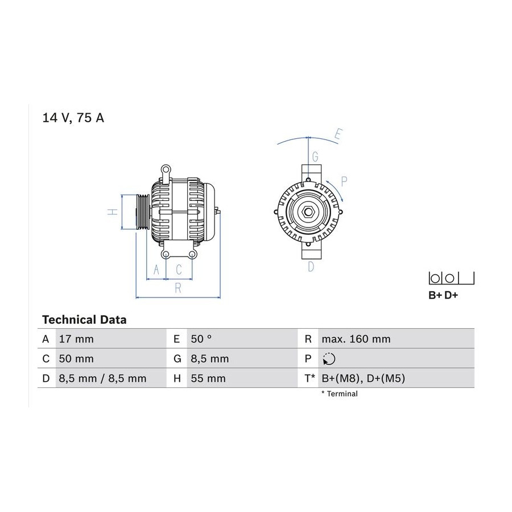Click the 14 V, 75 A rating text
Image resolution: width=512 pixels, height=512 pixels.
[73, 118]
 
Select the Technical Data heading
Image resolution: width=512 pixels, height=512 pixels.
[84, 320]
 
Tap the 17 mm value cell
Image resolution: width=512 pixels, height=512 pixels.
[76, 339]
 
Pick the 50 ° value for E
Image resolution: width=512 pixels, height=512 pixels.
[201, 339]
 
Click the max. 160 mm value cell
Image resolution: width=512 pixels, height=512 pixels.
[356, 339]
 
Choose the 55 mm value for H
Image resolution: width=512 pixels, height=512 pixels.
[208, 378]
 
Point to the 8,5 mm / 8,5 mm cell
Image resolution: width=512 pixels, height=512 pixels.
[102, 378]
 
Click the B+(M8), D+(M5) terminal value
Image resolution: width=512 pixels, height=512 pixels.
[363, 378]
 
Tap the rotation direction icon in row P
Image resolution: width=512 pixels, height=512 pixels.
[329, 359]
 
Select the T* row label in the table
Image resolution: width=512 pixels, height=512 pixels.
[309, 378]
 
